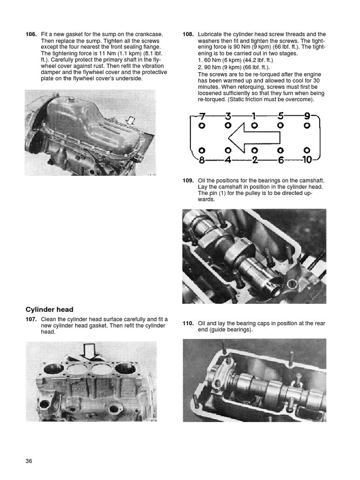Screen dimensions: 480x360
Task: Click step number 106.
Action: [31, 34]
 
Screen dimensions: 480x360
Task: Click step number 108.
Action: [188, 34]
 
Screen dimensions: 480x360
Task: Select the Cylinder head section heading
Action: [49, 309]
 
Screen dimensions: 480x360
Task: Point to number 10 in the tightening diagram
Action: [307, 160]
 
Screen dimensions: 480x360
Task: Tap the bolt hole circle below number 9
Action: [307, 126]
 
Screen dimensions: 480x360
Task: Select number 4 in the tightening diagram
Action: [227, 160]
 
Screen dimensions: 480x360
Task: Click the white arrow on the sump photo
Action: [131, 121]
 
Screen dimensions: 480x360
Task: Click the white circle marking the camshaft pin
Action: [292, 284]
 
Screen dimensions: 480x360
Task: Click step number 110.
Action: [188, 323]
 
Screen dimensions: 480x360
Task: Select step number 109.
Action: [188, 180]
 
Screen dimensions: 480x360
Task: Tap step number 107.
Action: [31, 319]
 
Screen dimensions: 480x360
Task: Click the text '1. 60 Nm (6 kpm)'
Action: [221, 60]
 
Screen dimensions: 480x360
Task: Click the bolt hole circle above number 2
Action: [254, 150]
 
